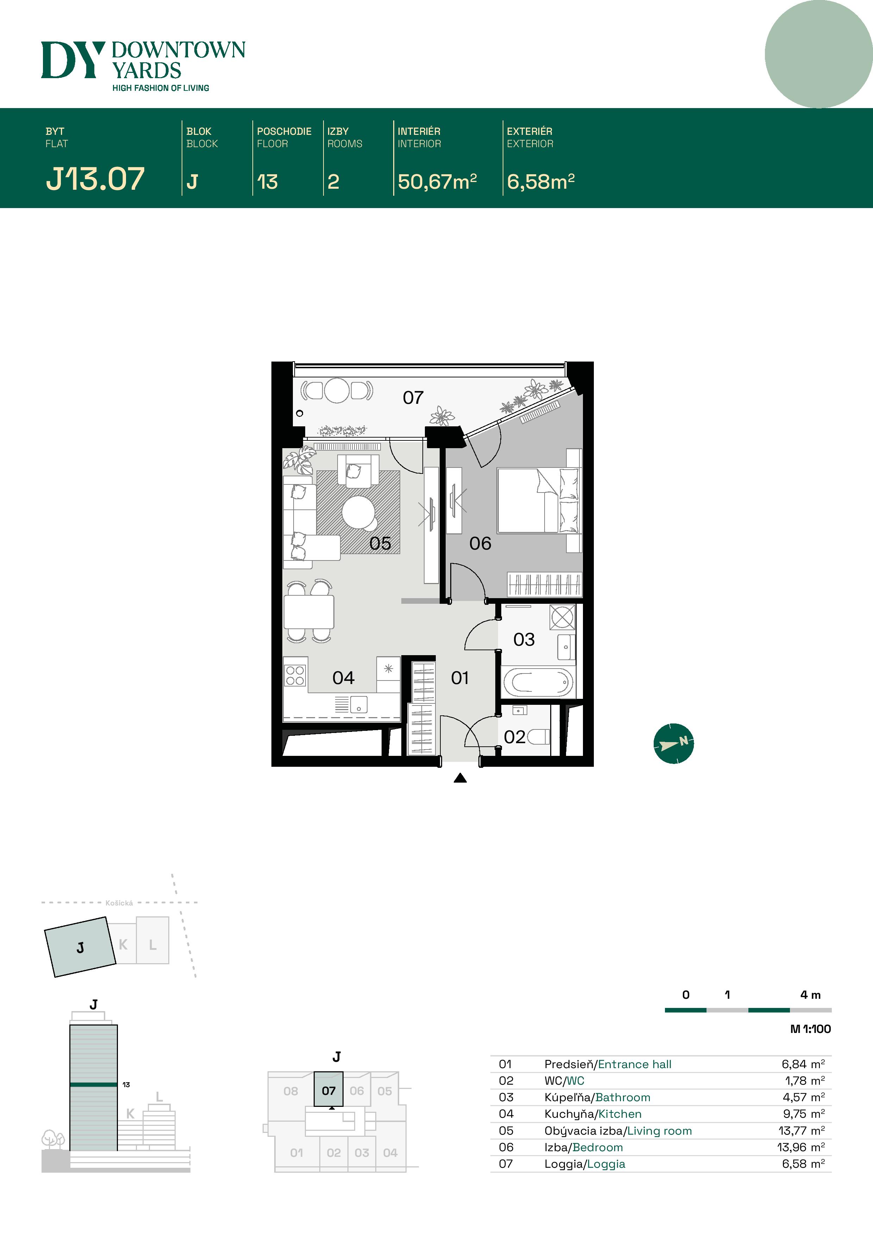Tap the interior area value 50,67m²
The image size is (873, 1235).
click(437, 182)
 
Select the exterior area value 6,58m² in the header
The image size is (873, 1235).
click(541, 182)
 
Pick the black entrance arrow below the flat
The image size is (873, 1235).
click(460, 778)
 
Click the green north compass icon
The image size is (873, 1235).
click(673, 744)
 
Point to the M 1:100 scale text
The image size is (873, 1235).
click(810, 1029)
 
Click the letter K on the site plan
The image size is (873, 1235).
click(123, 945)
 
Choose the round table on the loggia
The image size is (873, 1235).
click(337, 390)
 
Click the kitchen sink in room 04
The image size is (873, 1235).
click(359, 704)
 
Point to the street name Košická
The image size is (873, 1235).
click(119, 903)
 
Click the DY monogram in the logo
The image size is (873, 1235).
click(73, 60)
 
